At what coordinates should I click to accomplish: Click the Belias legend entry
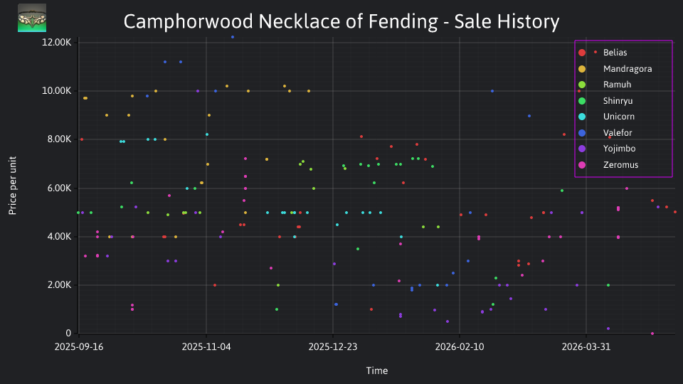coord(615,53)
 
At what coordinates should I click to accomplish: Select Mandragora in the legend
coord(628,69)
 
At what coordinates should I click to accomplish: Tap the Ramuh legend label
coord(617,85)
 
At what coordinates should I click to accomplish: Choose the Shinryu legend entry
coord(618,101)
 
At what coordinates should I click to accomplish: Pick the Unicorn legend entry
coord(618,117)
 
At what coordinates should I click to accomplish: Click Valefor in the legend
coord(618,133)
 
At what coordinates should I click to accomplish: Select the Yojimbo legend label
coord(619,149)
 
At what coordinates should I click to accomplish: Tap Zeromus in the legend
coord(620,165)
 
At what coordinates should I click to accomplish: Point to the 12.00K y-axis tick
coord(57,42)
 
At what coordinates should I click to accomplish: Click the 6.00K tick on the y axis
coord(59,188)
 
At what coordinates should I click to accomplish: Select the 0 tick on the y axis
coord(68,333)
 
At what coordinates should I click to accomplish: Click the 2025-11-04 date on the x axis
coord(206,347)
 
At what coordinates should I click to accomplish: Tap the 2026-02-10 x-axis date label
coord(460,347)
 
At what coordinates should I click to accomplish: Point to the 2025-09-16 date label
coord(79,347)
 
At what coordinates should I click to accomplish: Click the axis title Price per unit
coord(13,186)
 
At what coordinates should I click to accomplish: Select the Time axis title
coord(377,371)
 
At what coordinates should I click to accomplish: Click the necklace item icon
coord(32,18)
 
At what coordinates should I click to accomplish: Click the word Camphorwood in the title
coord(188,22)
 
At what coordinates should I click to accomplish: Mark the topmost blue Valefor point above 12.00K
coord(233,37)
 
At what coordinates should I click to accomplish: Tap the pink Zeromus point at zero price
coord(652,334)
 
